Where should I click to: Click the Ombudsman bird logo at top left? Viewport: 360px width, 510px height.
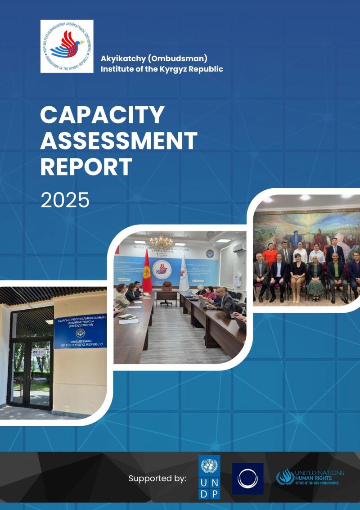(67, 46)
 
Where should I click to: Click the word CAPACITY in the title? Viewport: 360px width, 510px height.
(102, 115)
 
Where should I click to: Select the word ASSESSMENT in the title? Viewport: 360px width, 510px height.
(119, 141)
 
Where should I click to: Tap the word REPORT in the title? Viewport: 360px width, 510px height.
(86, 167)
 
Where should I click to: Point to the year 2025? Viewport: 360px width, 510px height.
(65, 200)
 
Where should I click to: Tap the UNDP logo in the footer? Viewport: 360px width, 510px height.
(209, 477)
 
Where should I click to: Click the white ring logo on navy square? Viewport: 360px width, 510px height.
(247, 478)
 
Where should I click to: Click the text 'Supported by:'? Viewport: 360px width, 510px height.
(157, 478)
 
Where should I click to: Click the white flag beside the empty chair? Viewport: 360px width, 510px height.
(184, 273)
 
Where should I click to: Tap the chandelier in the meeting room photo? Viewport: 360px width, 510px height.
(161, 242)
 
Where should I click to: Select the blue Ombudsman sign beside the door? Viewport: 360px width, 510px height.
(80, 331)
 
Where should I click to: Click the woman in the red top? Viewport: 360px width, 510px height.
(270, 255)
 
